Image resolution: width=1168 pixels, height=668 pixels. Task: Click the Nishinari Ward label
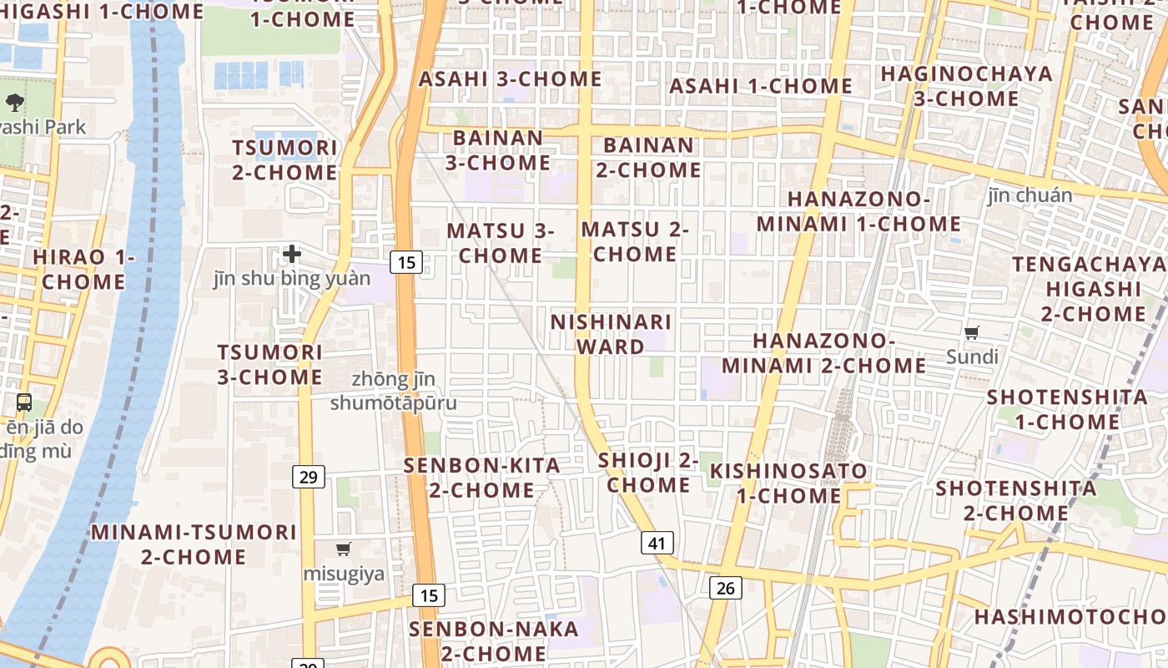tap(610, 334)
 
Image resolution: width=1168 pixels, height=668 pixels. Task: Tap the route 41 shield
tap(657, 544)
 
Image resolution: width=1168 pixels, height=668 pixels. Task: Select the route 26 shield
tap(726, 588)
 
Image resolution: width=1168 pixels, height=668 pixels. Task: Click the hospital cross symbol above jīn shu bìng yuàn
tap(292, 253)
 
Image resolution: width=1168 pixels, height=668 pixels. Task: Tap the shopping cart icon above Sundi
tap(972, 333)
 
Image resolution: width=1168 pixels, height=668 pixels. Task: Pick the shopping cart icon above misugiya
tap(343, 549)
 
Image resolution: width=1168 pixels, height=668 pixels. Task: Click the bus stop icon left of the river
tap(24, 402)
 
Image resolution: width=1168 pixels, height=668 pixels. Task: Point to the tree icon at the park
tap(14, 103)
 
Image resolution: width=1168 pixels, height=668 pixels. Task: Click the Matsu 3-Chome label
tap(501, 242)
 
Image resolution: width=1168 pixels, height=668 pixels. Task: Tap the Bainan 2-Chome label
tap(647, 157)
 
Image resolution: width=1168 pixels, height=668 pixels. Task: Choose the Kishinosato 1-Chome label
tap(788, 483)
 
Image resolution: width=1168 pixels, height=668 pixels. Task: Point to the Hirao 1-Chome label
tap(83, 269)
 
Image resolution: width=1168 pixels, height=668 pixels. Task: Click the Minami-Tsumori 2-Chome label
tap(194, 544)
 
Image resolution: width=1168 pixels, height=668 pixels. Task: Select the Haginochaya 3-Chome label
tap(966, 85)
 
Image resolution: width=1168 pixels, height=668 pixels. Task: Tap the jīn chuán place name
tap(1030, 195)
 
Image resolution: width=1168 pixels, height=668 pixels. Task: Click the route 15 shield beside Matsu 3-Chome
tap(406, 263)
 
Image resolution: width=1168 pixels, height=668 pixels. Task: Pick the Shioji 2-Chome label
tap(648, 472)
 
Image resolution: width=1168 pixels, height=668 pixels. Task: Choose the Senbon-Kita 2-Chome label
tap(482, 478)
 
